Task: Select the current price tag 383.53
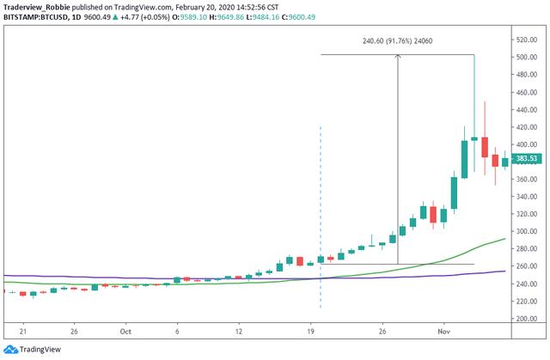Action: pyautogui.click(x=525, y=159)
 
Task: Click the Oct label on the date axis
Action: pyautogui.click(x=125, y=330)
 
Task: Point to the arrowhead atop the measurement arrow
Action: pyautogui.click(x=397, y=58)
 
